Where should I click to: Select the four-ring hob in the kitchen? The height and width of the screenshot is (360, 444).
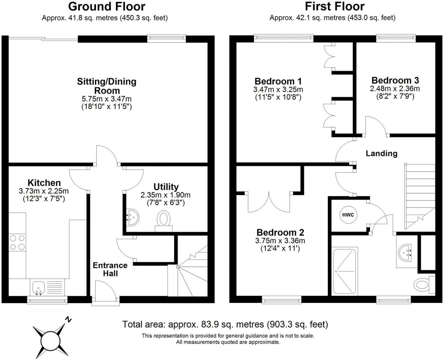pos(17,242)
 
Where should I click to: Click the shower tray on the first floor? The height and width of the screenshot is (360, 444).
pos(345,271)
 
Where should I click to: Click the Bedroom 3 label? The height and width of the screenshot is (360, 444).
pos(395,80)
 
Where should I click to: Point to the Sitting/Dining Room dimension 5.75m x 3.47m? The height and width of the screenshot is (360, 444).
pos(106,99)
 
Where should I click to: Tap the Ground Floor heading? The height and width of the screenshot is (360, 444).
pos(106,6)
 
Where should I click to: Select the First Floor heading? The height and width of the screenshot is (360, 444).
pos(335,6)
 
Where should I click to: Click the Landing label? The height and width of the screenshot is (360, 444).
pos(382,153)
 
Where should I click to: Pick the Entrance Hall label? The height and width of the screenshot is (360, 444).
pos(110,269)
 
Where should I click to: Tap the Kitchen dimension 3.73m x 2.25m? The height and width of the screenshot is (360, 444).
pos(44,191)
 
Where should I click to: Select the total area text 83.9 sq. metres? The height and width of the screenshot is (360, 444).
pos(225,324)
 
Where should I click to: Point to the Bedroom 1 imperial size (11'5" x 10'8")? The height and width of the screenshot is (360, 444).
pos(278,97)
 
